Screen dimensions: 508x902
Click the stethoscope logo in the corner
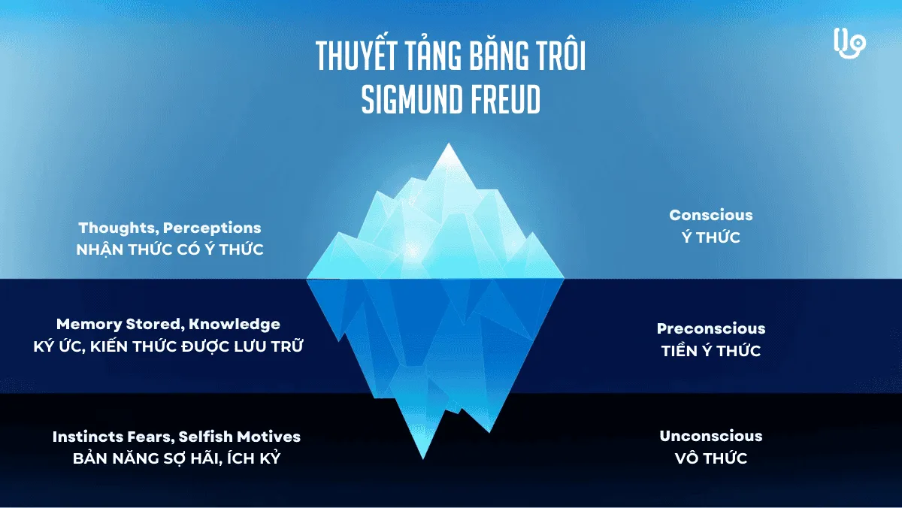[x=850, y=44]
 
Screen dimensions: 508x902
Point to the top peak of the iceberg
[x=449, y=146]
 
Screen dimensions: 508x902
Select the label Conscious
[x=710, y=215]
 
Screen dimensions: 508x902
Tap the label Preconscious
[x=710, y=328]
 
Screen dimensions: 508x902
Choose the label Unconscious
[x=710, y=436]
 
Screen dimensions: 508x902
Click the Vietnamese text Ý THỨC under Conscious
[x=710, y=237]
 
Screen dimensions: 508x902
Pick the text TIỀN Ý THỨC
[x=710, y=351]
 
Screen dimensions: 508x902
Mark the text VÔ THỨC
[x=710, y=458]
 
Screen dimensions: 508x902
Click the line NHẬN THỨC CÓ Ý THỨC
[x=170, y=249]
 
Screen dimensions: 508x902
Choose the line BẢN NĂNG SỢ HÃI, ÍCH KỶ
[x=177, y=458]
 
